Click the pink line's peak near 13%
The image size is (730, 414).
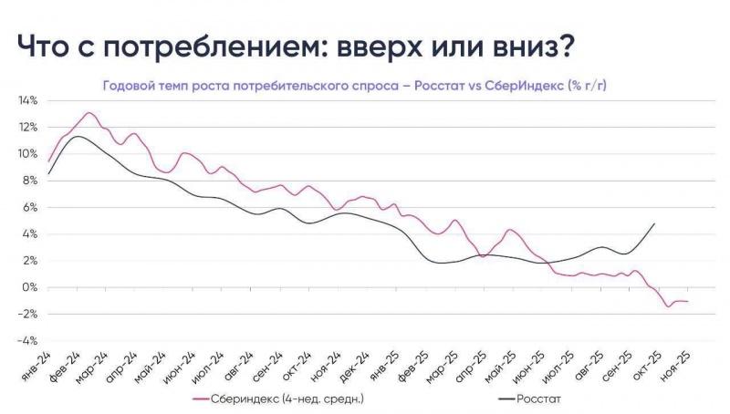tap(89, 113)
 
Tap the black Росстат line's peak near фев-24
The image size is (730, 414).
tap(78, 137)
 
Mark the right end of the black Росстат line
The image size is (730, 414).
tap(654, 223)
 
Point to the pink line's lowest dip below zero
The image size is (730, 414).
tap(669, 305)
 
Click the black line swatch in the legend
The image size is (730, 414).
tap(507, 398)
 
